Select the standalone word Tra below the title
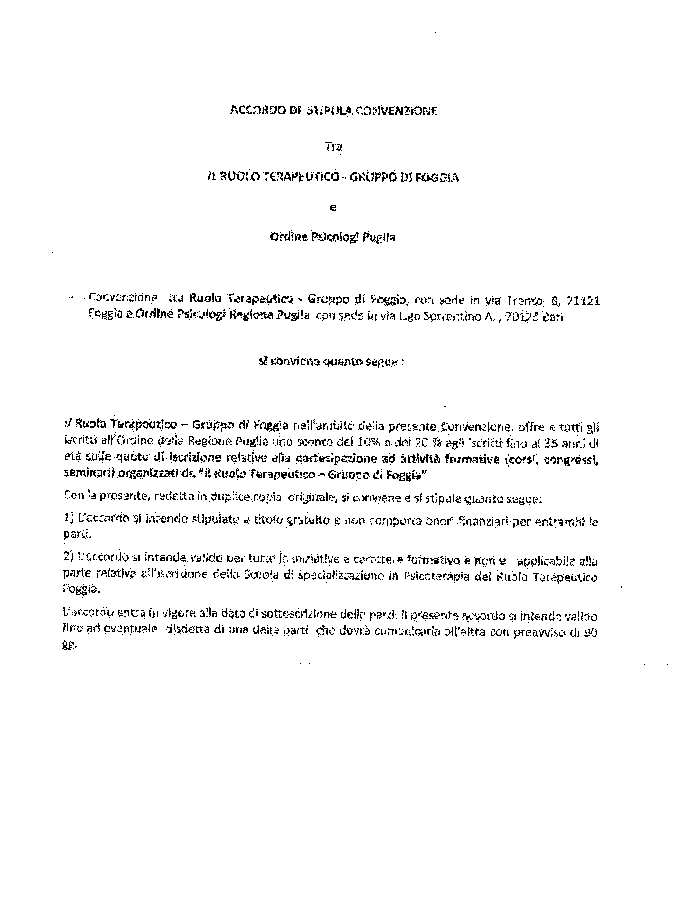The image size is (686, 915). (333, 146)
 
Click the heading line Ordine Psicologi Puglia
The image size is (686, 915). (332, 237)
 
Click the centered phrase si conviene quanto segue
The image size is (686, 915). (331, 361)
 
